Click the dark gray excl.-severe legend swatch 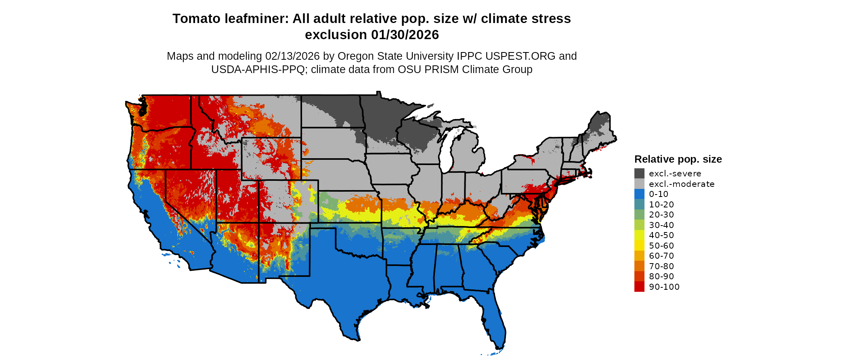click(639, 174)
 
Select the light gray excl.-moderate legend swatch click(639, 184)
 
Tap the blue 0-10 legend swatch click(639, 194)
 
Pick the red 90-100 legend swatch click(639, 287)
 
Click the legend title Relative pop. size click(678, 159)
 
